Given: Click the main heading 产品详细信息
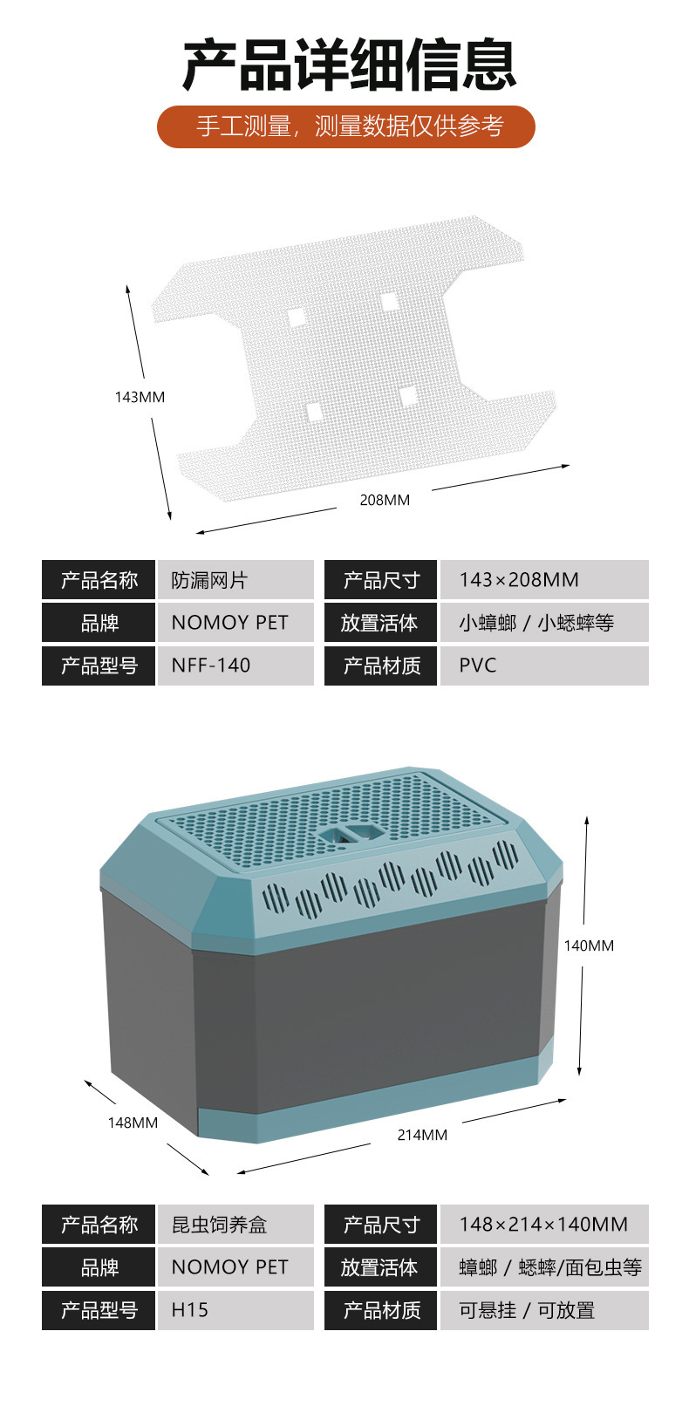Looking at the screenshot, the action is coord(349,65).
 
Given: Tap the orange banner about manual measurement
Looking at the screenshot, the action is coord(346,126).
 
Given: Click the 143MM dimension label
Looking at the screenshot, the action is coord(140,397).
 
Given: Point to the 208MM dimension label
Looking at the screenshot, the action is coord(385,500).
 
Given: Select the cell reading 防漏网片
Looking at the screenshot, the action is coord(235,579).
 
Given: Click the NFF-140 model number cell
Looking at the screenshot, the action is coord(235,666).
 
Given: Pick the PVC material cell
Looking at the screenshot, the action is coord(544,666).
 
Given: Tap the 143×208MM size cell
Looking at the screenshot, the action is coord(544,579).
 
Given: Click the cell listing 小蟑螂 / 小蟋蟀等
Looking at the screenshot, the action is coord(544,623).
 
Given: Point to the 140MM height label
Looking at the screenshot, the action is coord(589,946).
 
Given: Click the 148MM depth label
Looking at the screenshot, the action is coord(133,1123).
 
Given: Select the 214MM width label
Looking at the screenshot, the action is coord(422,1135).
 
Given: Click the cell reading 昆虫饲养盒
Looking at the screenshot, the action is coord(235,1224).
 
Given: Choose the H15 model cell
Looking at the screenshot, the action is coord(235,1310).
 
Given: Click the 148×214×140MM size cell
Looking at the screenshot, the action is coord(544,1224).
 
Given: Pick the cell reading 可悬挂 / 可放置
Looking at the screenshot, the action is coord(544,1310).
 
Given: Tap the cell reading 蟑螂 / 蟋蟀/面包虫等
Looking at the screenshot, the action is coord(544,1267).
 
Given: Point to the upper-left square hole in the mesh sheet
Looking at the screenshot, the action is coord(295,317).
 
